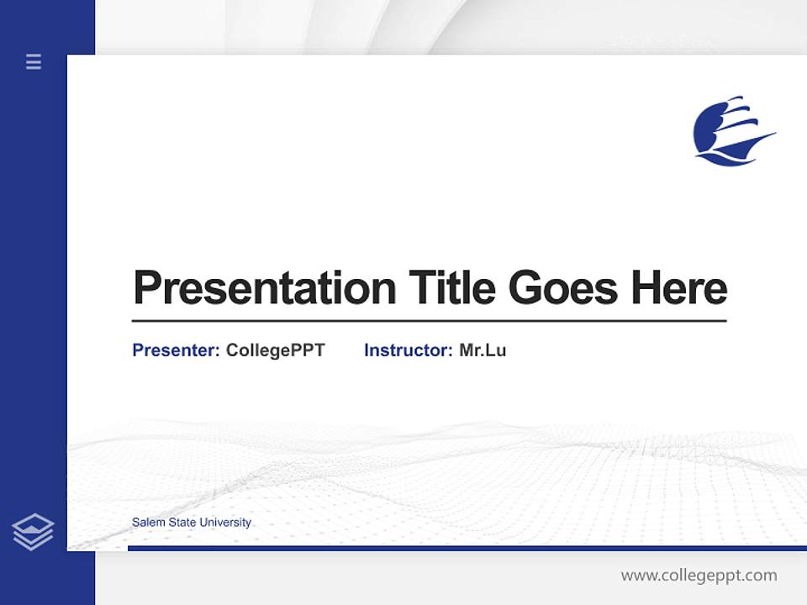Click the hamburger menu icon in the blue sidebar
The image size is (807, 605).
[34, 61]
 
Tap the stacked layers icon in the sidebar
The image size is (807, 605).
[33, 532]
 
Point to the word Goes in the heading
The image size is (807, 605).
[563, 288]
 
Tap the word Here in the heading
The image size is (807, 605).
[678, 287]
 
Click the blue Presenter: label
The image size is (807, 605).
[176, 350]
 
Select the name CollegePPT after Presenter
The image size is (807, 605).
[275, 350]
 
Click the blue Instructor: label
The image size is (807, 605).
[408, 350]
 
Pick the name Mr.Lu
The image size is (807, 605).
[483, 350]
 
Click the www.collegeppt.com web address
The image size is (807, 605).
[699, 576]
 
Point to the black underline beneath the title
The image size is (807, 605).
[429, 321]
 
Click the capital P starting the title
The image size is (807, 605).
[147, 288]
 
